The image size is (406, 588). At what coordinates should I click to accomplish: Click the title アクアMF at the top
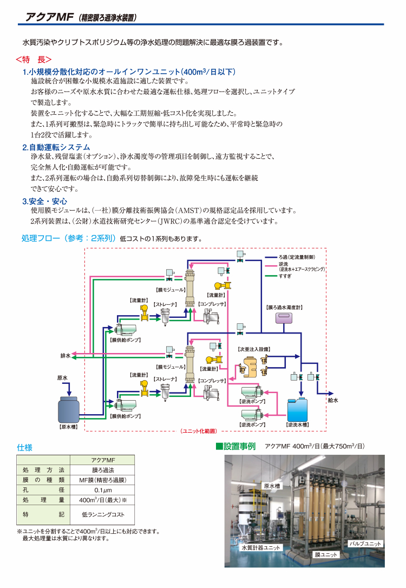pos(49,17)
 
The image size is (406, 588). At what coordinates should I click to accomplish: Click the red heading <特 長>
pos(34,60)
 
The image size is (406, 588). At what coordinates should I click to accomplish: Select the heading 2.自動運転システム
pos(56,147)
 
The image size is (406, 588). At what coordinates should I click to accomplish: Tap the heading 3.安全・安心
pos(44,201)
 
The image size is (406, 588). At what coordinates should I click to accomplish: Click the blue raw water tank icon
pos(68,410)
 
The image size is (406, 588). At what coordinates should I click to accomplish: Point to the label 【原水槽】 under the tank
pos(69,427)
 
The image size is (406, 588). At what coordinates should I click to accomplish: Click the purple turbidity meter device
pos(284,318)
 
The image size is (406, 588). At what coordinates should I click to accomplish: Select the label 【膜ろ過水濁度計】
pos(284,308)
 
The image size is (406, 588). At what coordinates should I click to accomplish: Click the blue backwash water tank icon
pos(297,410)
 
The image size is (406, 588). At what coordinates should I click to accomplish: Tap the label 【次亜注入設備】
pos(254,349)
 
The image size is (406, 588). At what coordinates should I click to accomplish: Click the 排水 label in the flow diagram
pos(65,356)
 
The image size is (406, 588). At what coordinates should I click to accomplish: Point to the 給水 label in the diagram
pos(333,400)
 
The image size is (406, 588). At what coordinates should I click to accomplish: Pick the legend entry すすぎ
pos(285,276)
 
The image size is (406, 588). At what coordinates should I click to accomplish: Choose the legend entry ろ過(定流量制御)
pos(297,257)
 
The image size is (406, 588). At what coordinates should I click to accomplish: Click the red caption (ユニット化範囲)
pos(199,431)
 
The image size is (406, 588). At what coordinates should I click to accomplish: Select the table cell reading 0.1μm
pos(103,490)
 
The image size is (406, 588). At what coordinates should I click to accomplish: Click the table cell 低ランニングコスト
pos(103,514)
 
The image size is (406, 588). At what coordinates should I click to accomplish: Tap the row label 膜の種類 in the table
pos(43,480)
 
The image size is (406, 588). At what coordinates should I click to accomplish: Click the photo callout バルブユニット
pos(365,544)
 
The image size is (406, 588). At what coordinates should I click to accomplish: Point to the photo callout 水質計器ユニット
pos(261,547)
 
